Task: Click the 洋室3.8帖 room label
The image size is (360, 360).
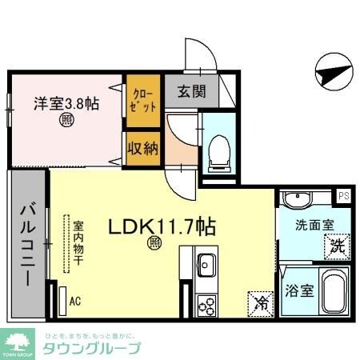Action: (x=66, y=104)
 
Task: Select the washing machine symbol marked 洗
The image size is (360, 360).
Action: (x=337, y=247)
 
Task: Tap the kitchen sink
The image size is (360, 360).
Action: (x=205, y=263)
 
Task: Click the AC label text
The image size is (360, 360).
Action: (x=75, y=302)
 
